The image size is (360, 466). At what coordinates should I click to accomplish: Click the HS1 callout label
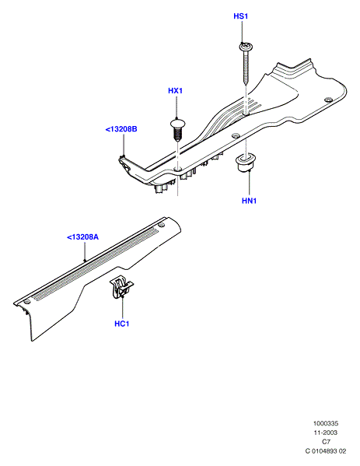coord(240,16)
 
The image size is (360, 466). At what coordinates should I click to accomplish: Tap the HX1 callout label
coord(175,91)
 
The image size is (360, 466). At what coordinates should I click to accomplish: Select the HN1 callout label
coord(249,201)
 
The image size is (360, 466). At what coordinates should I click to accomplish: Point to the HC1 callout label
coord(122,324)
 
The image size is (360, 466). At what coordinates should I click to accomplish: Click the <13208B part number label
coord(121,129)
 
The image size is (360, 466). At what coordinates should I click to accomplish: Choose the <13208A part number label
coord(82,237)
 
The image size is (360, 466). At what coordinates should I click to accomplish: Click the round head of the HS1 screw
coord(246,47)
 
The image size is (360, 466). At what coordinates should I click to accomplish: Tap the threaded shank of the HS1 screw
coord(246,68)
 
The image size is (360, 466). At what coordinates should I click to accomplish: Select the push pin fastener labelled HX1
coord(177,130)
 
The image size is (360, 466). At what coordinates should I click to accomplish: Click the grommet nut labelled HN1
coord(246,162)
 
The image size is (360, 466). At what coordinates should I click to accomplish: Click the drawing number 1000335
coord(326,423)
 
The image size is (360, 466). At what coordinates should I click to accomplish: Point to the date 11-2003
coord(326,433)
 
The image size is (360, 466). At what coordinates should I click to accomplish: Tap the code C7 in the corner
coord(326,442)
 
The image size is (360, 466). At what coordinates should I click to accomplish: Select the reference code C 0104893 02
coord(326,451)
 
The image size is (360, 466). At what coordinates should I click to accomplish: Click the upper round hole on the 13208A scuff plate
coord(161,225)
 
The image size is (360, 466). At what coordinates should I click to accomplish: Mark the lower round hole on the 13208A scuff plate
coord(27,302)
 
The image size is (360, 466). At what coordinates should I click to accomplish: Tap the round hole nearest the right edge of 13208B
coord(328,100)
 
